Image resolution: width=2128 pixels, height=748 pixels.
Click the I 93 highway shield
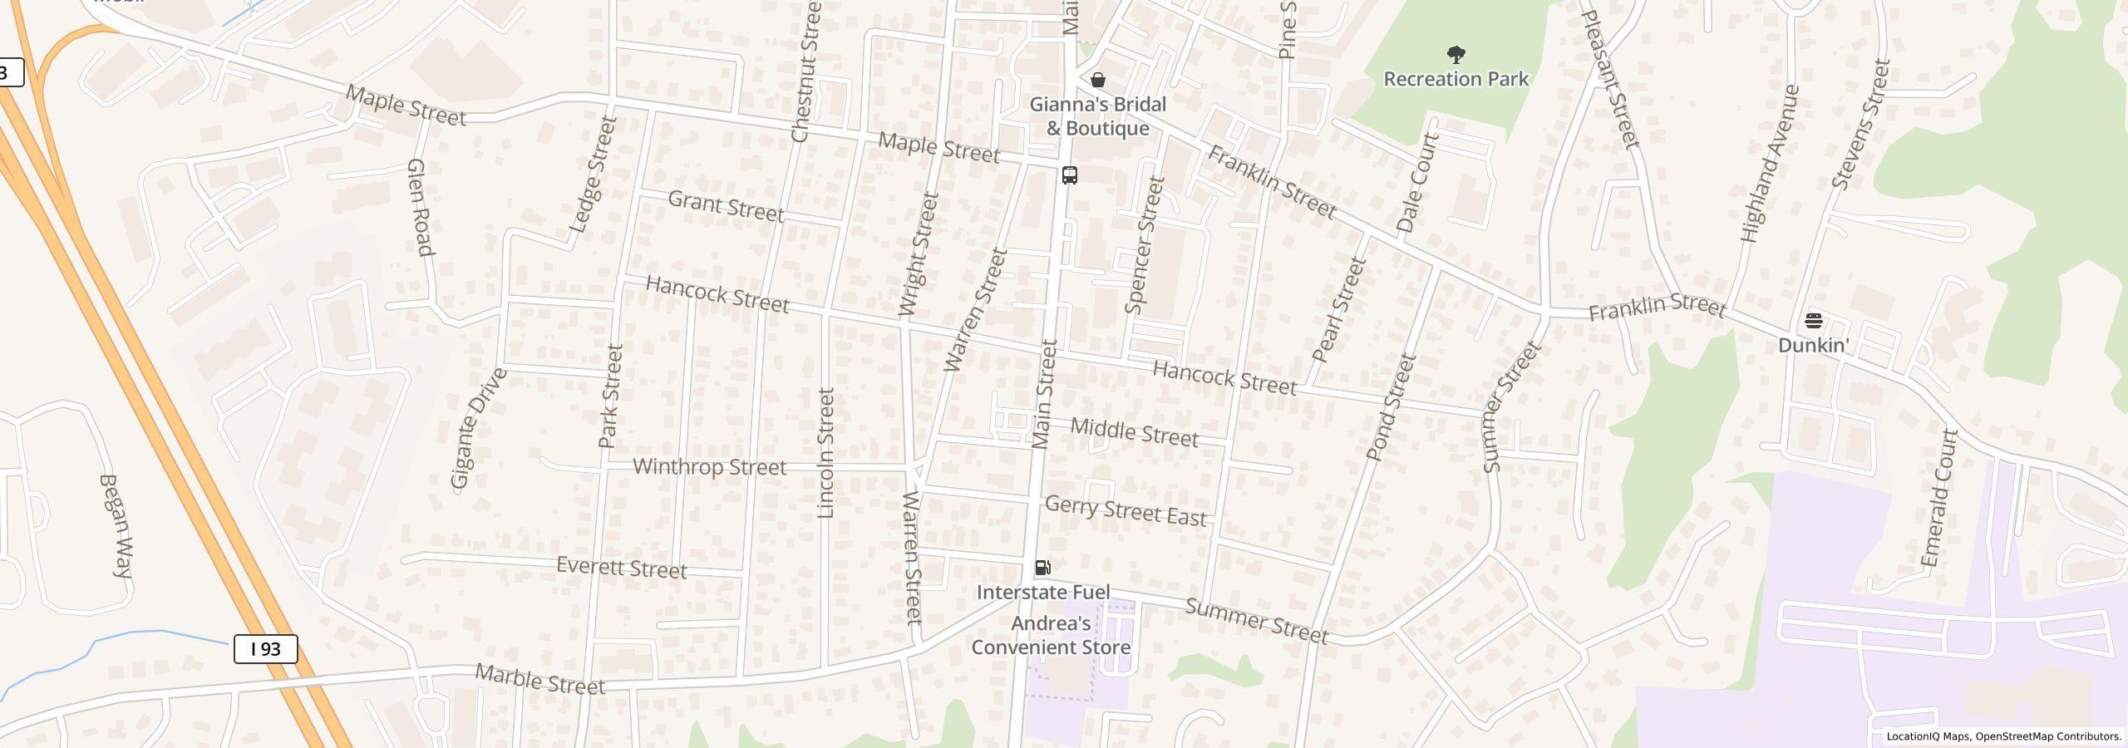pos(265,648)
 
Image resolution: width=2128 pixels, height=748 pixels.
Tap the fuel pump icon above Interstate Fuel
pos(1042,568)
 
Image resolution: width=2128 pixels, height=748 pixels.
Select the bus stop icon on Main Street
pos(1070,175)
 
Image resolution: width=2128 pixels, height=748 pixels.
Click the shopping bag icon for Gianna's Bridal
pos(1098,80)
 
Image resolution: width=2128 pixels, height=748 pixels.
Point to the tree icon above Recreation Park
pos(1456,55)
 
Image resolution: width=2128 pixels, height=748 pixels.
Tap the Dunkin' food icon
pos(1813,321)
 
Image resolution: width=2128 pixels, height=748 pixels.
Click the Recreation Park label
pos(1456,79)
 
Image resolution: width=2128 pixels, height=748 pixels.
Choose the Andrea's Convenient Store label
pos(1051,636)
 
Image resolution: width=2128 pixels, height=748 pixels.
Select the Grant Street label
pos(726,206)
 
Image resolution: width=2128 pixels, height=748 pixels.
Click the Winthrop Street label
pos(709,467)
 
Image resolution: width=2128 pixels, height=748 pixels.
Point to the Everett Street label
pos(621,568)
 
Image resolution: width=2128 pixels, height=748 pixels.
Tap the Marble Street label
pos(539,680)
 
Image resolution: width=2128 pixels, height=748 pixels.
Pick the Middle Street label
pos(1134,432)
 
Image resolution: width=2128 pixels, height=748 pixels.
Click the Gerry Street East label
pos(1126,510)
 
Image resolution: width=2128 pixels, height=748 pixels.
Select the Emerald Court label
pos(1941,499)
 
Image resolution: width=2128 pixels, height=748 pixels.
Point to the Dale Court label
pos(1417,183)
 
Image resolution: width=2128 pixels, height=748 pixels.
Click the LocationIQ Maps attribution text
pos(2003,736)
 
